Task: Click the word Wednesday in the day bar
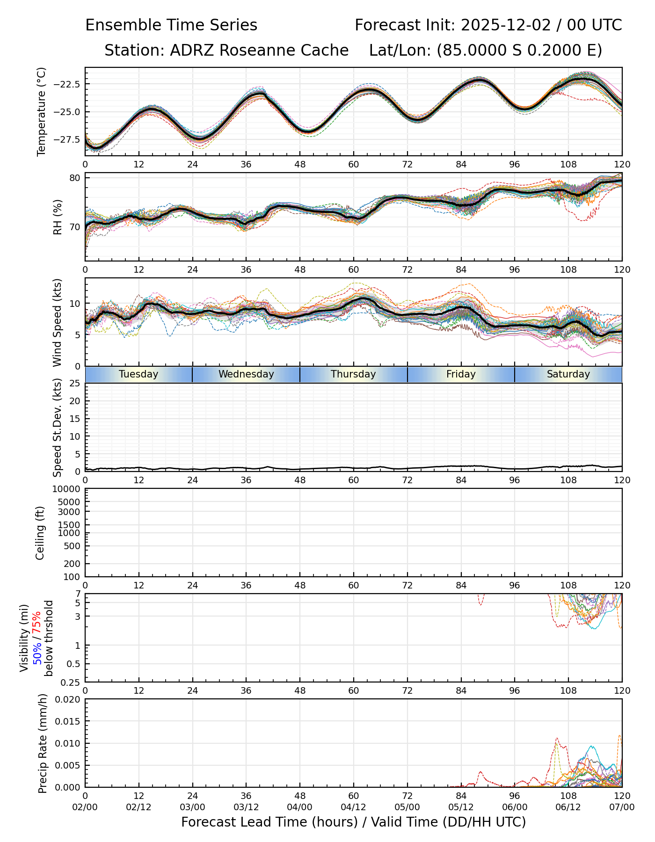(246, 374)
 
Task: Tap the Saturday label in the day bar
(568, 374)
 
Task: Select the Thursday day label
(353, 374)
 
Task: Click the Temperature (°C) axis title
(42, 111)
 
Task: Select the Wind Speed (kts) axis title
(58, 322)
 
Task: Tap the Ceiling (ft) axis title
(41, 533)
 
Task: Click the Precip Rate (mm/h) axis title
(43, 743)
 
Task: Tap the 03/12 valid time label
(246, 808)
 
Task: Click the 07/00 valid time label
(622, 808)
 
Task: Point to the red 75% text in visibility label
(37, 623)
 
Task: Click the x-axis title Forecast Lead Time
(353, 822)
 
